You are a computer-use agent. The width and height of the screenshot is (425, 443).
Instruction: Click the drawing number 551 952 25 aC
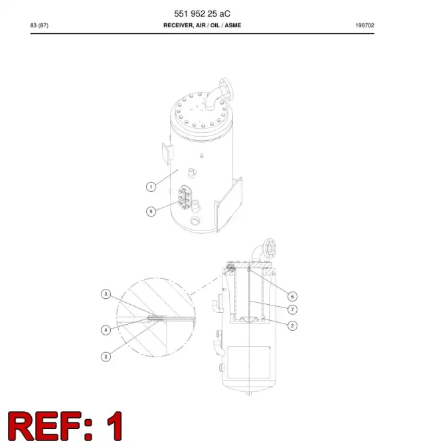(202, 13)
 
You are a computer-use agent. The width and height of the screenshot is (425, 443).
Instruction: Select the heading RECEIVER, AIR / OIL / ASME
(202, 25)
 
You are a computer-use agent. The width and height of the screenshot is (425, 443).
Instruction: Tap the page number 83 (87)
(39, 25)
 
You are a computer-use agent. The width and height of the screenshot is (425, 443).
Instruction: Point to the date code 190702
(365, 25)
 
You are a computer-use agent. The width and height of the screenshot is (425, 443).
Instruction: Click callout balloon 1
(151, 187)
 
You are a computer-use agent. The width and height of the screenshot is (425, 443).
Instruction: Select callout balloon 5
(151, 211)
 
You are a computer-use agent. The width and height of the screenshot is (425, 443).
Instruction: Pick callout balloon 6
(292, 296)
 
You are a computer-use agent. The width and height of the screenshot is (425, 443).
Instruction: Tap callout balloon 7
(292, 310)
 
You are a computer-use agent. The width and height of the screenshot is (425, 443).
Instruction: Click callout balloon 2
(292, 325)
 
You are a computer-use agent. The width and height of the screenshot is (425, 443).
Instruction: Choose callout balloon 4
(106, 329)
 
